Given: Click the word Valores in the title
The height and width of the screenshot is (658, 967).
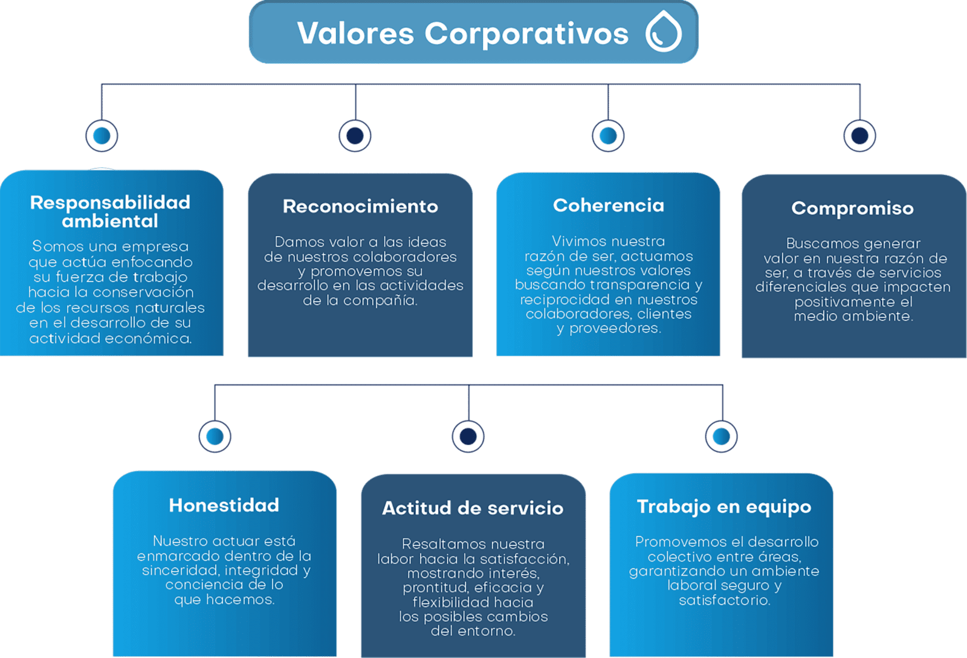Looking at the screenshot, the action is click(356, 33).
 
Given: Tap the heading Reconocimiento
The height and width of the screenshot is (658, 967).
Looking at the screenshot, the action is click(360, 206).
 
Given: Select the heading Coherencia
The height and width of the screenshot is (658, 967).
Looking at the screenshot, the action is click(608, 205).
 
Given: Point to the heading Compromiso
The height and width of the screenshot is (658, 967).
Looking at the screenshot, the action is click(853, 209).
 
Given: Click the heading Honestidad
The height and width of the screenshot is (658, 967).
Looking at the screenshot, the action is click(224, 505).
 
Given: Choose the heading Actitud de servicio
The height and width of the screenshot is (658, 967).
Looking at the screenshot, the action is click(473, 508).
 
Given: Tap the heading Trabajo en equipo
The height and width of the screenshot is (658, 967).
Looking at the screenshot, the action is click(724, 507).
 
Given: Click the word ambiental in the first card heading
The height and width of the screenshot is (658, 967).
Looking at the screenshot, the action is click(110, 221).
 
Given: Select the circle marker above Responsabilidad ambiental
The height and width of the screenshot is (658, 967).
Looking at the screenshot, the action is click(102, 136).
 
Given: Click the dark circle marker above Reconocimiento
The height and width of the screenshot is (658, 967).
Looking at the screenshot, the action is click(355, 136).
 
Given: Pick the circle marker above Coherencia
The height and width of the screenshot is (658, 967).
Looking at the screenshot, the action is click(608, 136).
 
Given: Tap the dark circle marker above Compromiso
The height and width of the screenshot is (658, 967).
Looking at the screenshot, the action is click(859, 136).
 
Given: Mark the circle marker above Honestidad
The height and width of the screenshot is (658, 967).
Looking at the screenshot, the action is click(215, 436).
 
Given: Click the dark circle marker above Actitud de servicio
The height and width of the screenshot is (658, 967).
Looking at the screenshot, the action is click(468, 436).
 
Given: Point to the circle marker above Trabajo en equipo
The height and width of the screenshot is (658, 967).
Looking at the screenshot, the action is click(722, 436).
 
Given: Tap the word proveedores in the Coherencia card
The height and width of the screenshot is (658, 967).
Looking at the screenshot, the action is click(615, 329).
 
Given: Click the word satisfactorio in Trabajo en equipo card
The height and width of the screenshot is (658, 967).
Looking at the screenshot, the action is click(725, 600).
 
